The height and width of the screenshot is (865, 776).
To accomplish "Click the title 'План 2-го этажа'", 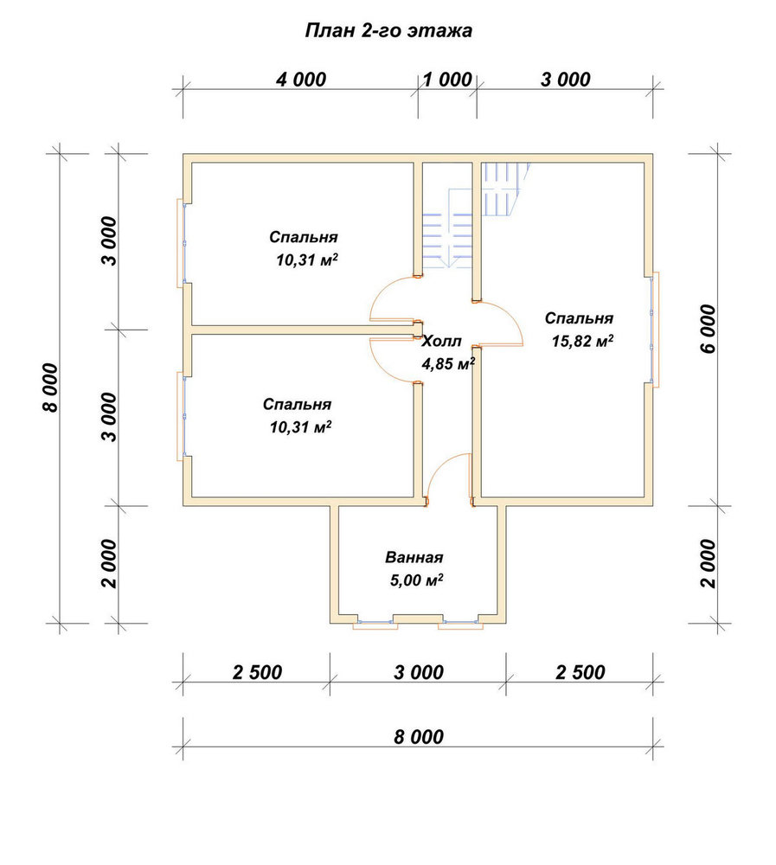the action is [388, 31].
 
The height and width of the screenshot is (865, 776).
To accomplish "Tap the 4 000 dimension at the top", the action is [301, 80].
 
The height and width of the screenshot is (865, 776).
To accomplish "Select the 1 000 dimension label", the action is [447, 80].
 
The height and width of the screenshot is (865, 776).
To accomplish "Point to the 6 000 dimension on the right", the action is [709, 329].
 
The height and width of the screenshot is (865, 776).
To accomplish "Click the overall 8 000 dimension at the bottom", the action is [419, 737].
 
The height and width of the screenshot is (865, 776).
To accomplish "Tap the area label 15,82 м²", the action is [582, 341].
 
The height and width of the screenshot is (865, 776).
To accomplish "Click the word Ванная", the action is [414, 557].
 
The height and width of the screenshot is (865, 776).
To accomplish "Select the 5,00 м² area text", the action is [416, 580].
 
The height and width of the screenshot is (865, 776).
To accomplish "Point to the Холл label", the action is [441, 342].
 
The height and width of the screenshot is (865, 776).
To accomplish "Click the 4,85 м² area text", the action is [448, 364].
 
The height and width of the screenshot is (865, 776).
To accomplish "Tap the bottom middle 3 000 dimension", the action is [419, 672].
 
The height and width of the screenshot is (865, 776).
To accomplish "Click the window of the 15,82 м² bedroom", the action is [653, 330].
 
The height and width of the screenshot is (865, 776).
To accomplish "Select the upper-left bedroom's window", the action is [182, 243].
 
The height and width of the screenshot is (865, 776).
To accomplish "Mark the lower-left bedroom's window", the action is [182, 416].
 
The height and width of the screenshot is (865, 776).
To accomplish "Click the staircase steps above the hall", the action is [448, 231].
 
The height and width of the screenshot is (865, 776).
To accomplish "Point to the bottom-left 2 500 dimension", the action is [257, 672].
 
